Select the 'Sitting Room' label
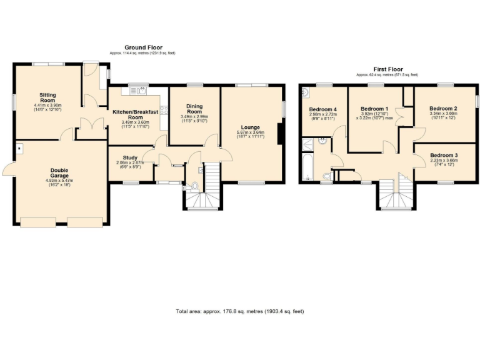click(x=48, y=97)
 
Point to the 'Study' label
click(x=130, y=157)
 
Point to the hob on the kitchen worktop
click(x=164, y=111)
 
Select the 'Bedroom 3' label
click(x=443, y=154)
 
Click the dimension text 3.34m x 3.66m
click(x=443, y=114)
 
